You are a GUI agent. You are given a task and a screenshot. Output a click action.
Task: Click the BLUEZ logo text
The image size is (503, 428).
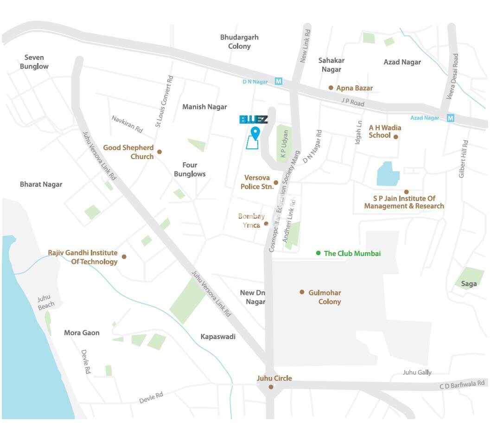[254, 120]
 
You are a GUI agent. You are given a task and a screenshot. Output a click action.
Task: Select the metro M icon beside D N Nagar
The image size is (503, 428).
[279, 82]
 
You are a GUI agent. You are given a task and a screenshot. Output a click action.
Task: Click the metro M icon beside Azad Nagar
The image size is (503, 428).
[450, 118]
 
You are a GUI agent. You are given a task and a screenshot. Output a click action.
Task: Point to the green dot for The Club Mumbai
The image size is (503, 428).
[318, 253]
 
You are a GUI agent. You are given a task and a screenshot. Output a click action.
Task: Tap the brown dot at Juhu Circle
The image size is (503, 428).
[271, 387]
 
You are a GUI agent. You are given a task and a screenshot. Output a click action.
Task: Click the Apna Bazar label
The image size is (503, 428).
[354, 88]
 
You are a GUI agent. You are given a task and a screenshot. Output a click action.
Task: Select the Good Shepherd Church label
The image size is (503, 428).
[128, 152]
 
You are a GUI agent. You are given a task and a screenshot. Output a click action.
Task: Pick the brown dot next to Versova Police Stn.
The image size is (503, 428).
[276, 183]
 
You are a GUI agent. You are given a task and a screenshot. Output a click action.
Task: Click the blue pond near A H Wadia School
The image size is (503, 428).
[388, 174]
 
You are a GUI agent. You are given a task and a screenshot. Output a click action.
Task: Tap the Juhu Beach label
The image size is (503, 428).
[46, 302]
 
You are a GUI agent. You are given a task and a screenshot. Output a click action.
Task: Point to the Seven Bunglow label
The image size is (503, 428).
[34, 62]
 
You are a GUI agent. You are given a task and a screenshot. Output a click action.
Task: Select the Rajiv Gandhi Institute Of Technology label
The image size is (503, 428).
[83, 257]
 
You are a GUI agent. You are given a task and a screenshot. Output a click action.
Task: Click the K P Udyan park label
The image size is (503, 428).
[284, 144]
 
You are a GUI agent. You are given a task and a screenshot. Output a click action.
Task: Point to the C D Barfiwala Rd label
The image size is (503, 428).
[462, 384]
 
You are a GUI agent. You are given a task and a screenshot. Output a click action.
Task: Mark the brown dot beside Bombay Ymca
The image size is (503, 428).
[266, 224]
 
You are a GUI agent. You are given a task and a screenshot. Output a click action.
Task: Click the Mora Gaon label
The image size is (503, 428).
[82, 333]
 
